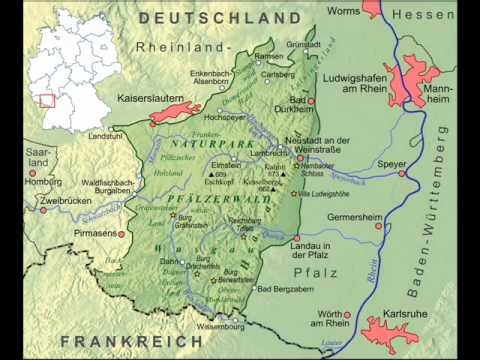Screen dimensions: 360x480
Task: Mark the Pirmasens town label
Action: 88,234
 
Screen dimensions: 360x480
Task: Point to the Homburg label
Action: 43,183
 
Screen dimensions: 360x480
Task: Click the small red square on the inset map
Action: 46,99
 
